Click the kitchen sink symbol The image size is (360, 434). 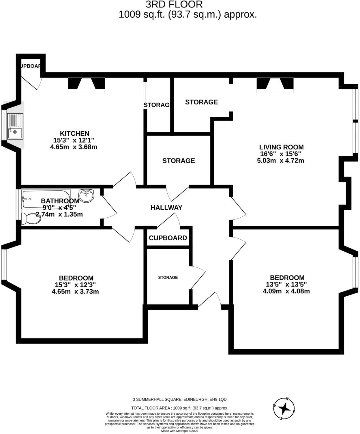15,126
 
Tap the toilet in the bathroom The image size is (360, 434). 31,218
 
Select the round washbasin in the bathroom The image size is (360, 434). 86,196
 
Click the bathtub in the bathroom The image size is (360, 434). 46,199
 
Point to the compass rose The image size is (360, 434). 284,409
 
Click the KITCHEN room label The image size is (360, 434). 74,133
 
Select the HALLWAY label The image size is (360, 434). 166,207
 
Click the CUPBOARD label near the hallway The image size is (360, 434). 168,238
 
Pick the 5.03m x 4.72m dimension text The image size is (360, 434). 280,160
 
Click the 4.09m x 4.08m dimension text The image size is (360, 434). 286,291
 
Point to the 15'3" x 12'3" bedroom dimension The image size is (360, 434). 75,285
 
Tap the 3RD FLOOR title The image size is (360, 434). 174,4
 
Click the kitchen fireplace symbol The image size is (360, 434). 86,84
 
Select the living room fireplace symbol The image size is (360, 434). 275,84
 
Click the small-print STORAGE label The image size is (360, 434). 168,277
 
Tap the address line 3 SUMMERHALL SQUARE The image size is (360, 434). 180,399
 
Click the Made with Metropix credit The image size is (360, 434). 180,431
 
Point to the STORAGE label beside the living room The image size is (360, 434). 201,102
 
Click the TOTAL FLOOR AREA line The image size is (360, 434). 180,408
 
